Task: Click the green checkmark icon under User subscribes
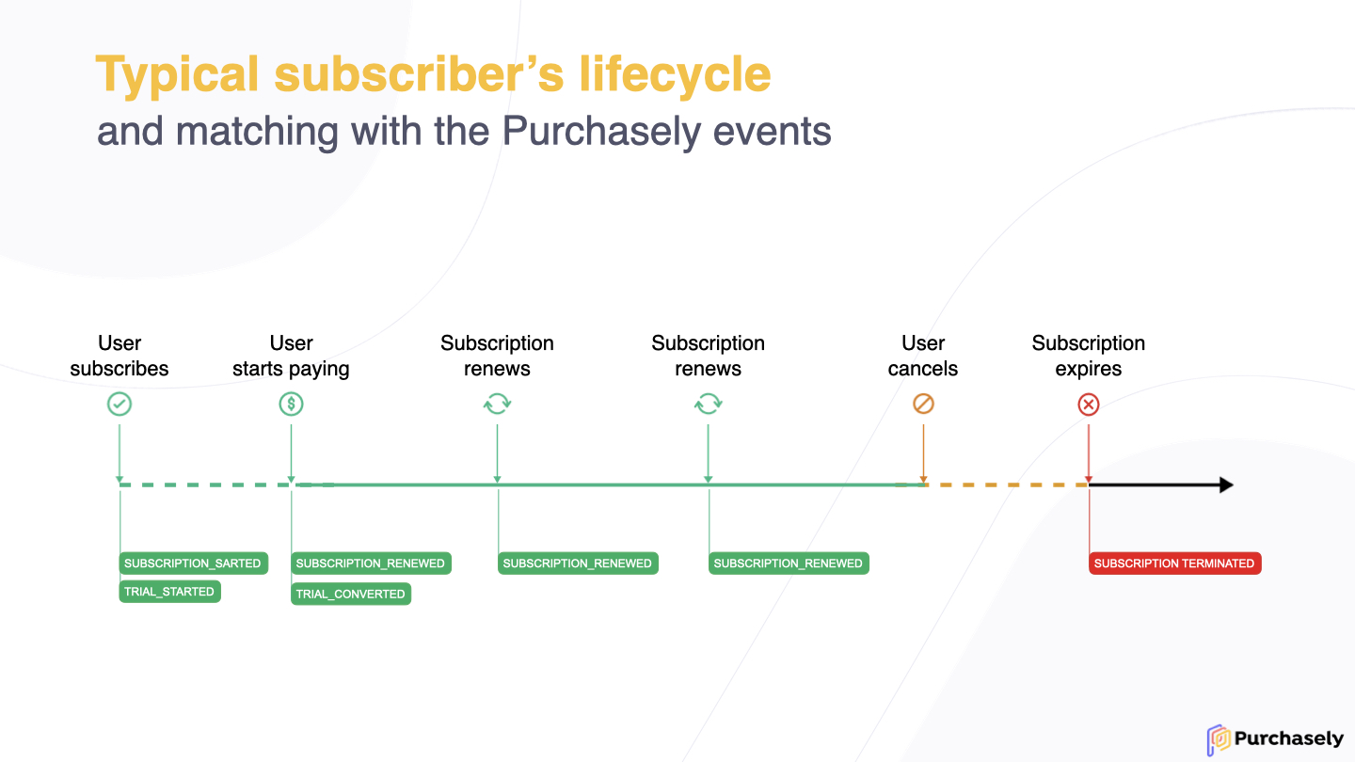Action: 120,404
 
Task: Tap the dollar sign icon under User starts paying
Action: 291,404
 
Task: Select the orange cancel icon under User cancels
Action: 923,404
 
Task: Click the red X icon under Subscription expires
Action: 1088,405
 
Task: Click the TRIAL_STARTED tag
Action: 170,592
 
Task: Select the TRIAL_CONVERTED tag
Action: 351,594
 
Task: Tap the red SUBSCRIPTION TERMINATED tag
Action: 1174,563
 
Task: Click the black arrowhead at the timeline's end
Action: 1226,485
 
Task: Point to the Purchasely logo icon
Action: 1219,739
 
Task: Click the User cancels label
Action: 923,356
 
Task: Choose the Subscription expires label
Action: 1088,356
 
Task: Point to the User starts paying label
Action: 291,357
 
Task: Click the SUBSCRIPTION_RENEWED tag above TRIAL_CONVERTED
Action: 371,563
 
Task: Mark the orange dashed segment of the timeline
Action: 1007,485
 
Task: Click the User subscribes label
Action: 120,356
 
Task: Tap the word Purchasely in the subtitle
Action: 602,133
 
